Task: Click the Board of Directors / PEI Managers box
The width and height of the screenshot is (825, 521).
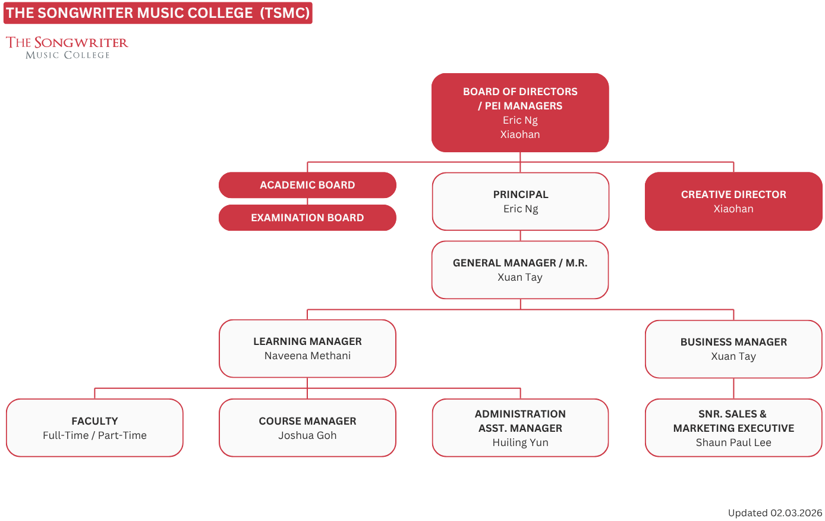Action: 520,113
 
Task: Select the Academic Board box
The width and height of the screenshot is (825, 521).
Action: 307,185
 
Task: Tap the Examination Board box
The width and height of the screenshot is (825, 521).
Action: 307,218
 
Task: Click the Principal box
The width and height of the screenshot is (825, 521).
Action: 521,202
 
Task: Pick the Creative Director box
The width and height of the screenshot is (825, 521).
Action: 733,202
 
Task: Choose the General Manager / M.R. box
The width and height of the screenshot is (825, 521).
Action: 520,269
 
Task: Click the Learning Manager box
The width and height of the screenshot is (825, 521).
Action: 307,349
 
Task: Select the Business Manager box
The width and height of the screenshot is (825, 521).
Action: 733,349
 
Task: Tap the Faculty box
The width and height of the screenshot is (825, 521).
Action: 95,428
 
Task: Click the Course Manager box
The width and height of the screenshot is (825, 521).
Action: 307,428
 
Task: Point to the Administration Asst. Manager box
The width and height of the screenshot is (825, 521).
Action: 520,428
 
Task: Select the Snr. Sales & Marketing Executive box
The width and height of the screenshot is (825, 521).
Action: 733,428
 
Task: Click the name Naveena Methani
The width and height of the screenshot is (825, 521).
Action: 307,356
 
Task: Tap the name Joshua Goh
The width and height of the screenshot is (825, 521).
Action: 307,435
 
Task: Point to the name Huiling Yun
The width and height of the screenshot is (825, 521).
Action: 521,442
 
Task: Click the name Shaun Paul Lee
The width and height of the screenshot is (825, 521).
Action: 733,442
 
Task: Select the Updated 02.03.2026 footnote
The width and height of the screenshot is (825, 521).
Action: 775,513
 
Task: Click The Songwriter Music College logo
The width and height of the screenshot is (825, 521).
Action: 67,48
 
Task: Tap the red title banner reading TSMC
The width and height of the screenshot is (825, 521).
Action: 158,13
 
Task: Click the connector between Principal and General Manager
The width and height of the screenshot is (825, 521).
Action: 521,236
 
